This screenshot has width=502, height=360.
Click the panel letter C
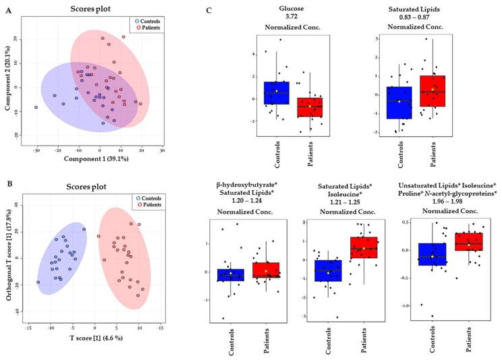click(208, 10)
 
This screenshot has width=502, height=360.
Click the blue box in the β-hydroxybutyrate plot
click(231, 274)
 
